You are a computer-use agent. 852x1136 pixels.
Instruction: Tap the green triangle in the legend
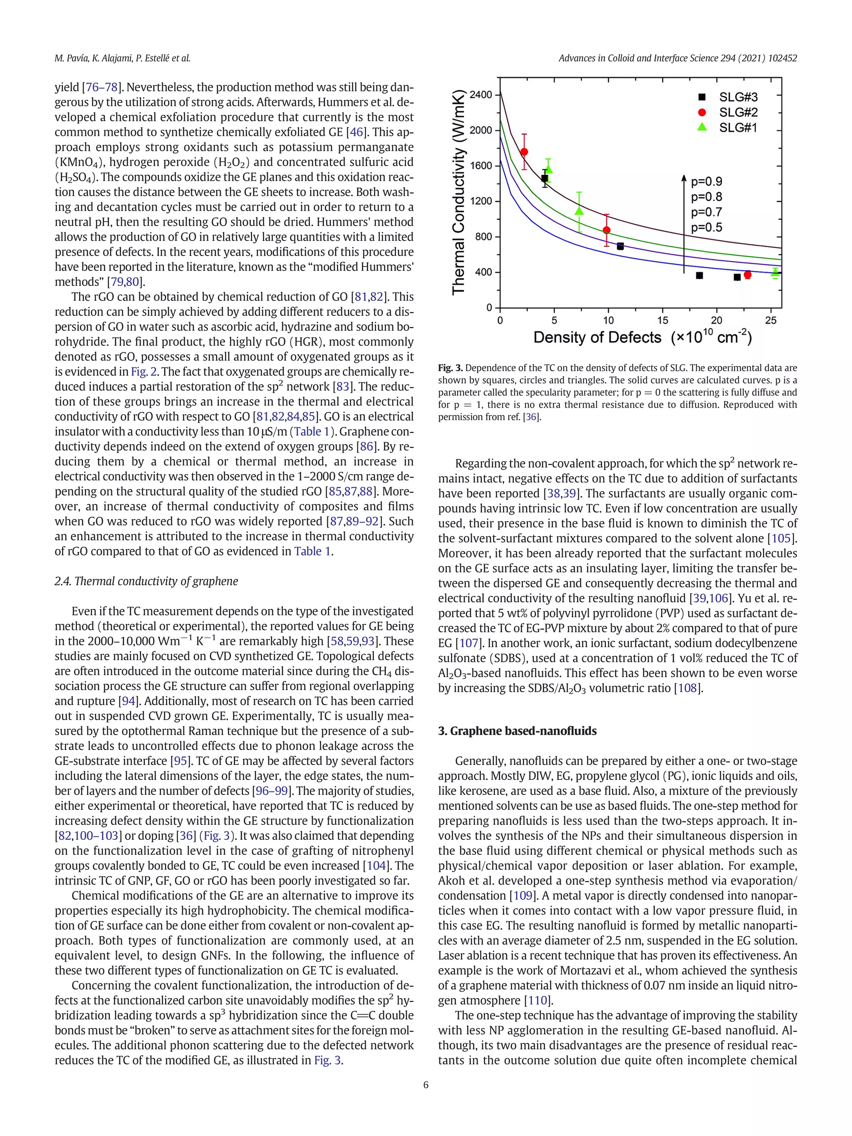[x=702, y=127]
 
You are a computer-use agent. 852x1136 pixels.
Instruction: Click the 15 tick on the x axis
[x=662, y=320]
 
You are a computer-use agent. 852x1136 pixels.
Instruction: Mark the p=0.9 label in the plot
[x=707, y=181]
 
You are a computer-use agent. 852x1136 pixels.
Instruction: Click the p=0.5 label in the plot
[x=707, y=228]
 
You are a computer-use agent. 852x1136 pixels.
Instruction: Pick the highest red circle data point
[x=524, y=152]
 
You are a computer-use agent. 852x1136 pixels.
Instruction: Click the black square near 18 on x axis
[x=699, y=276]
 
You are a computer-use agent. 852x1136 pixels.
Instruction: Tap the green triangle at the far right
[x=775, y=272]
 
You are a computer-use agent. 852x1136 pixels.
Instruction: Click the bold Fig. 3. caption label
[x=451, y=368]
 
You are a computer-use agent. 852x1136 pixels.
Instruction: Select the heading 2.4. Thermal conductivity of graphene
[x=146, y=582]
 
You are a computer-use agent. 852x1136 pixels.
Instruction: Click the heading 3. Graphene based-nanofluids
[x=517, y=731]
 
